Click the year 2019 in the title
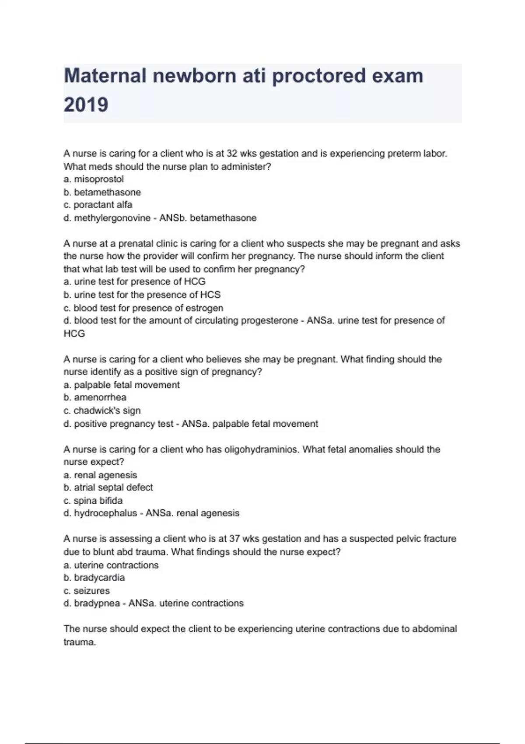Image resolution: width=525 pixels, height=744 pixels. coord(86,105)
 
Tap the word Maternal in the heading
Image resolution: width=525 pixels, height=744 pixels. coord(105,76)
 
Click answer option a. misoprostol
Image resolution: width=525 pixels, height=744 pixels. coord(94,179)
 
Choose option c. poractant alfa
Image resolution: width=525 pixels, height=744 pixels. coord(98,205)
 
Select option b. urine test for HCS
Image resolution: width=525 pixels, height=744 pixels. coord(142,295)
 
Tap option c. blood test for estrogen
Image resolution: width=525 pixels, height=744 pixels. coord(143,308)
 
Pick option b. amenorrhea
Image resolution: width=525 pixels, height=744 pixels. coord(95,397)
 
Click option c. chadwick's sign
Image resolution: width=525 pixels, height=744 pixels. coord(102,411)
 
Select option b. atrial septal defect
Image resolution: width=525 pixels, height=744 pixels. coord(108,488)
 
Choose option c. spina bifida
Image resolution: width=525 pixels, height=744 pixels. coord(93,501)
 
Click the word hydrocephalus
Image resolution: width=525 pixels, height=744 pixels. coord(105,513)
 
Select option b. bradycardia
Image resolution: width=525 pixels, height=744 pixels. coord(94,578)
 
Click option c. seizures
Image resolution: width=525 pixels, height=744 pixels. coord(87,591)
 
